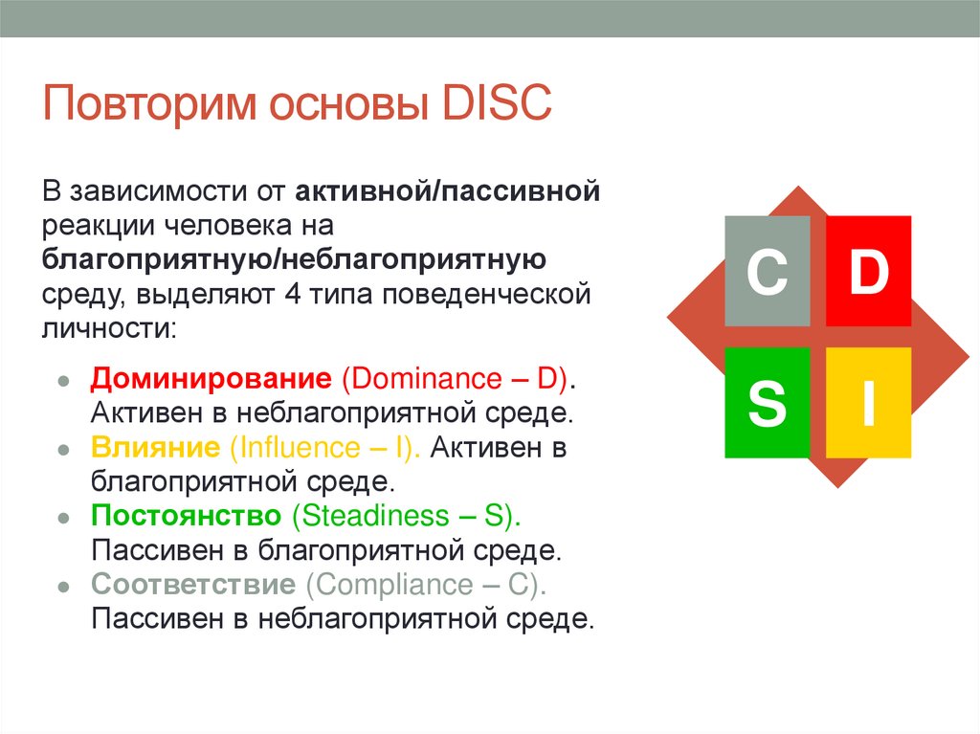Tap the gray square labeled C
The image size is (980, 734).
(x=767, y=272)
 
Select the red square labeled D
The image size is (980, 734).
(x=868, y=272)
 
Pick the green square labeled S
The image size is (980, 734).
(x=767, y=403)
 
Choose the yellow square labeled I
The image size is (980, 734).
(x=868, y=403)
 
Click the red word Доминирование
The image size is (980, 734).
(x=210, y=378)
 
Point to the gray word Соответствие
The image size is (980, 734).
(x=192, y=585)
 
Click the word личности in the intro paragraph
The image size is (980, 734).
(x=104, y=329)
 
